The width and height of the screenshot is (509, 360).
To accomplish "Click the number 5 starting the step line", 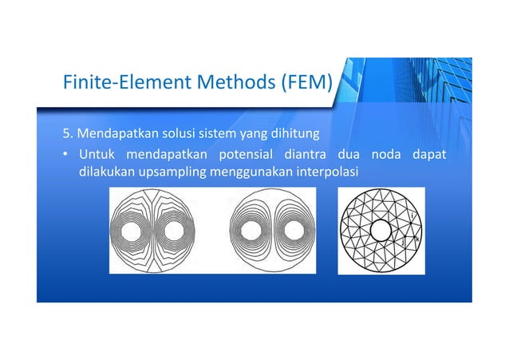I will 66,132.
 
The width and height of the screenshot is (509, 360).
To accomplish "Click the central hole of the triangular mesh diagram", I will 381,231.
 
